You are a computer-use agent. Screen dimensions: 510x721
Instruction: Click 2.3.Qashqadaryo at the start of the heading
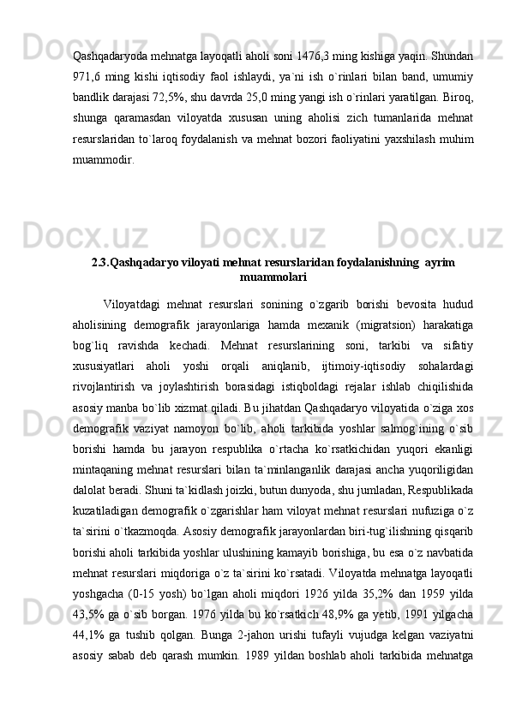click(x=139, y=261)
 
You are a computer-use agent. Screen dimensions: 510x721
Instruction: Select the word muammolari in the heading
click(x=273, y=276)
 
